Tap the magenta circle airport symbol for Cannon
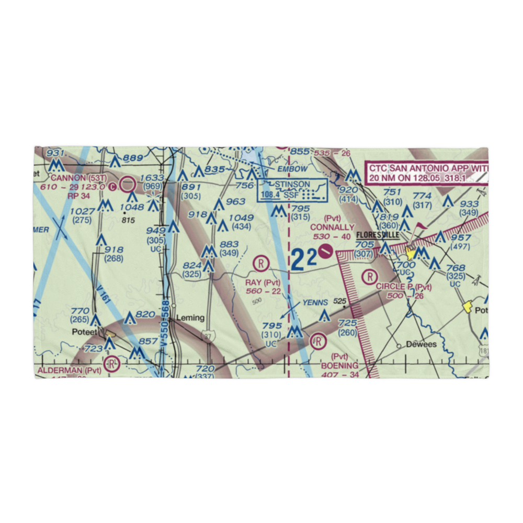[x=127, y=184]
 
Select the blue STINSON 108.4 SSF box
[x=292, y=189]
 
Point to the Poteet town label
[x=83, y=331]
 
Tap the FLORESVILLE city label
[x=378, y=235]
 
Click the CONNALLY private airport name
[x=332, y=227]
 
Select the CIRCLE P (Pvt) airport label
[x=404, y=287]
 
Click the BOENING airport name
[x=340, y=366]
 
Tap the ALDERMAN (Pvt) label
[x=69, y=370]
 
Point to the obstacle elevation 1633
[x=151, y=178]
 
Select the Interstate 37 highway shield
[x=208, y=338]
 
